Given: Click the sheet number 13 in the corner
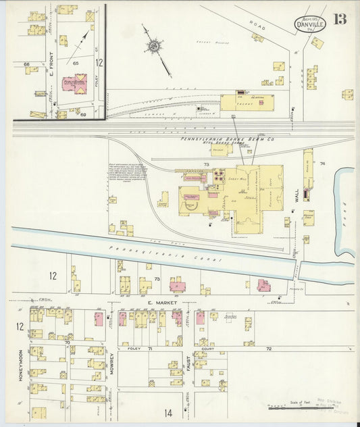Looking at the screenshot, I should pos(339,18).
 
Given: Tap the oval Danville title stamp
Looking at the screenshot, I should pos(309,26).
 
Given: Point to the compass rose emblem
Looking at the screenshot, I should pos(154,46).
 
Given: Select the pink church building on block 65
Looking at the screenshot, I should pos(75,84).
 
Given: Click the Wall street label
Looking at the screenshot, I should pos(296,196).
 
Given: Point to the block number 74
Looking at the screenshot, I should pos(322,163).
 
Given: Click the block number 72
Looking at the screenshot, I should pos(268,349).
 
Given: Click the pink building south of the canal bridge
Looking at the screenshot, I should pos(263,286).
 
